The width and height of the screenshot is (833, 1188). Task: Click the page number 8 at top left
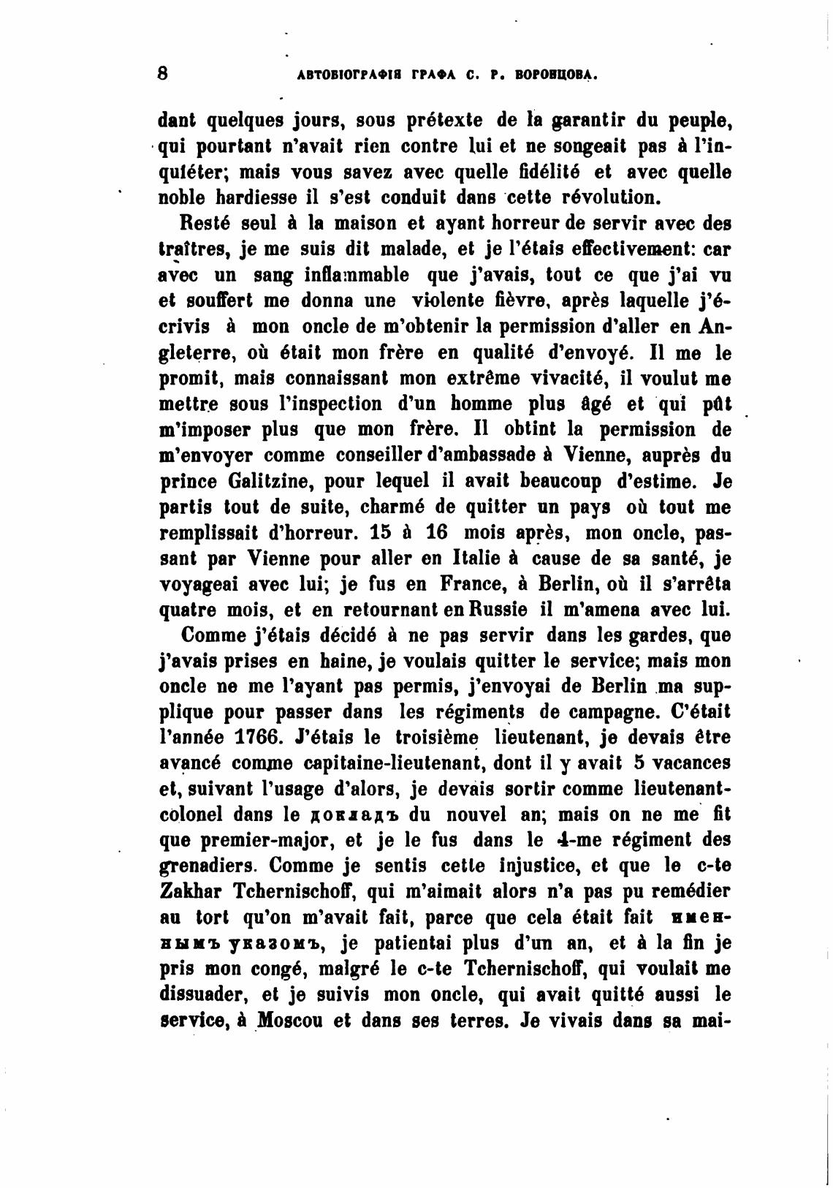pyautogui.click(x=163, y=73)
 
